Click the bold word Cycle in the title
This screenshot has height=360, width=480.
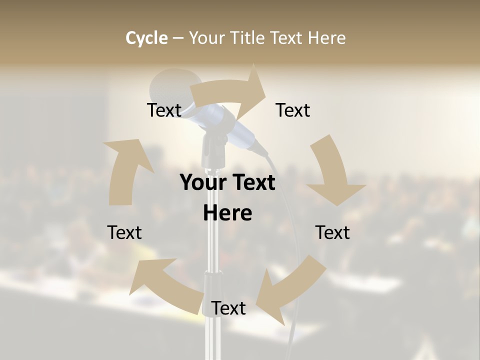coord(146,38)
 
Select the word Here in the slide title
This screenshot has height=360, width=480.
coord(327,38)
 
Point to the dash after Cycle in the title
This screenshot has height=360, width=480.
coord(178,38)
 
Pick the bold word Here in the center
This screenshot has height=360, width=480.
coord(227,213)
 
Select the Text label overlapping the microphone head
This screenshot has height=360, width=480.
coord(164,110)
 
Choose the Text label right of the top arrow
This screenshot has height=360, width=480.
coord(293,110)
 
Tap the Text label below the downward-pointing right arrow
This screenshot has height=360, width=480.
coord(332,232)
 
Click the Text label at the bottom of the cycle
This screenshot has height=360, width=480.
coord(228,308)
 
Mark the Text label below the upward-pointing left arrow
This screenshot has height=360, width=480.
coord(124,232)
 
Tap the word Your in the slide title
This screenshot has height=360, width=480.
coord(208,38)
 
